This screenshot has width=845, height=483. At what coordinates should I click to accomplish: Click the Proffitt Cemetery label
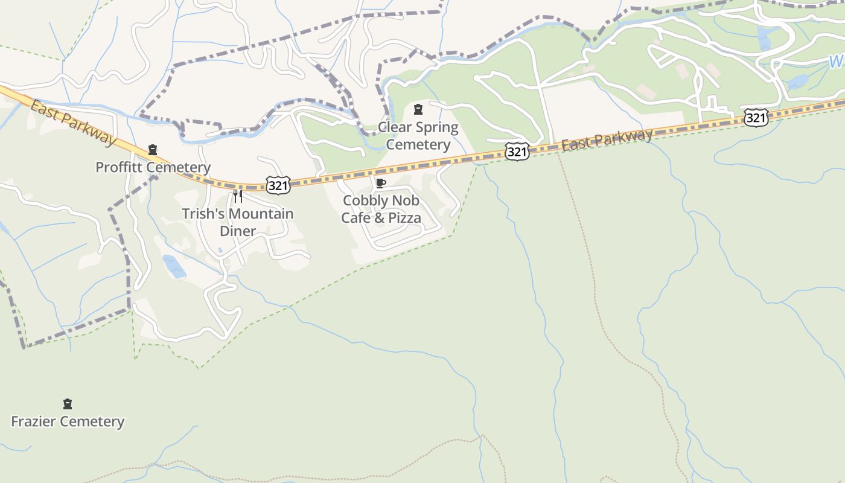coord(153,167)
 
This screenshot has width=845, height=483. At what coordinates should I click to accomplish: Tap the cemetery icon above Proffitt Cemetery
coord(153,150)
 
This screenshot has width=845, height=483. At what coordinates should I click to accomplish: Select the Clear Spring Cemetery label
coord(418,136)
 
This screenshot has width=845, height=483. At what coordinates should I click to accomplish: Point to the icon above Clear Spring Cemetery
coord(418,109)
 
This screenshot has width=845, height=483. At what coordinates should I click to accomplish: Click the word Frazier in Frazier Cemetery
coord(36,421)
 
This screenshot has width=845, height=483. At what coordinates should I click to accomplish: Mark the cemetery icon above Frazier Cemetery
coord(68,404)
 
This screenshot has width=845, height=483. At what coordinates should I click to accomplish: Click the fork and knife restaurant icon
coord(238,196)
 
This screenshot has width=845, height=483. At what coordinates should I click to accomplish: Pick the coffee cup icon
coord(380,183)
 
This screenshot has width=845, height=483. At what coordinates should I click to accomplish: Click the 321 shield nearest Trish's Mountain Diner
coord(278,185)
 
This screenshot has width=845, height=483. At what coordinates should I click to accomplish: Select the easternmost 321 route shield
coord(756,117)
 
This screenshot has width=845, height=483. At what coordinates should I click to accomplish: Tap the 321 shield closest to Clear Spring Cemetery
coord(517,152)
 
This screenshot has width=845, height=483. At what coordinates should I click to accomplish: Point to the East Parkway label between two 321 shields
coord(607,139)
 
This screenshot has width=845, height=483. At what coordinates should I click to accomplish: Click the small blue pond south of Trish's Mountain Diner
coord(174,266)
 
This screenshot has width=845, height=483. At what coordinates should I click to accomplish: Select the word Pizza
coord(405,218)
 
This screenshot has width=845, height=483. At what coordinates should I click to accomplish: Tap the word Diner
coord(238,231)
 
